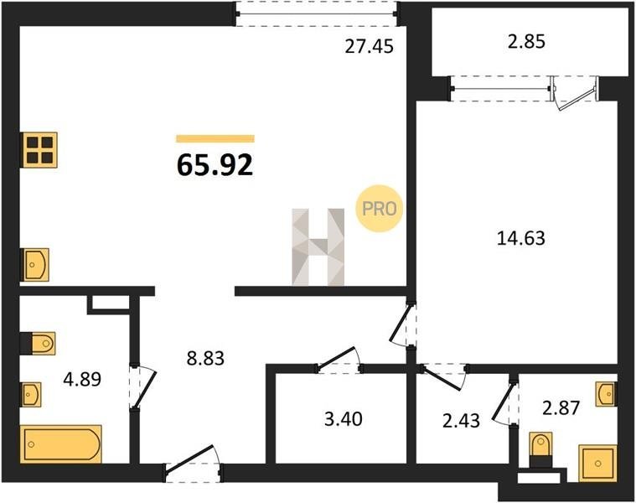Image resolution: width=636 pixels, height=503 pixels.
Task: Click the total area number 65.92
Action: [215, 165]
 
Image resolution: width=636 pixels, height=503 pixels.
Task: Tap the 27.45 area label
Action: [369, 46]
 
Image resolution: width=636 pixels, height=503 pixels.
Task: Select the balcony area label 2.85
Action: [526, 42]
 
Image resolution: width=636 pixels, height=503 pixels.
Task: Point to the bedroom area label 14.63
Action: [521, 238]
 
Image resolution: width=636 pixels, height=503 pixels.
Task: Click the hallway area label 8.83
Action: [205, 358]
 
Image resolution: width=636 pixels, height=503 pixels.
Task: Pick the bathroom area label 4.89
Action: [82, 380]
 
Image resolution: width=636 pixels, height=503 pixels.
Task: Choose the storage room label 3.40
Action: [344, 418]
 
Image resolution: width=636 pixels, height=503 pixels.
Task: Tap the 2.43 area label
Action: [461, 421]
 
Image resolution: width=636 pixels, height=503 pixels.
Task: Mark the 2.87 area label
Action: [561, 407]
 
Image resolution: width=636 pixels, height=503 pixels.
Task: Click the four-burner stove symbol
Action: [39, 149]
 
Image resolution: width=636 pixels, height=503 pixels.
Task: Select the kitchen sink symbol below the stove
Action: [35, 265]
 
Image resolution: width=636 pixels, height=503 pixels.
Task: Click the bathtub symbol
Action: [61, 444]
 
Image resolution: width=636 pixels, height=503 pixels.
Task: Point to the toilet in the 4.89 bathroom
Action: [38, 343]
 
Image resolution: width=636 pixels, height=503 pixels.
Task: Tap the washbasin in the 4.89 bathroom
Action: [31, 394]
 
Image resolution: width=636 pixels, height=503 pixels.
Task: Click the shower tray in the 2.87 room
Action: [597, 464]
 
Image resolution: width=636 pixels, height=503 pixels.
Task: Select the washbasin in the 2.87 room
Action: [606, 393]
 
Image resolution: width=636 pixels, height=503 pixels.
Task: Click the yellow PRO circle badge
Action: [380, 209]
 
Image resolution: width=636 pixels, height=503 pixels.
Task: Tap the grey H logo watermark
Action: [318, 247]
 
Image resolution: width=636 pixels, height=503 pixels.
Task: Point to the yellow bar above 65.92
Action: [215, 138]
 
